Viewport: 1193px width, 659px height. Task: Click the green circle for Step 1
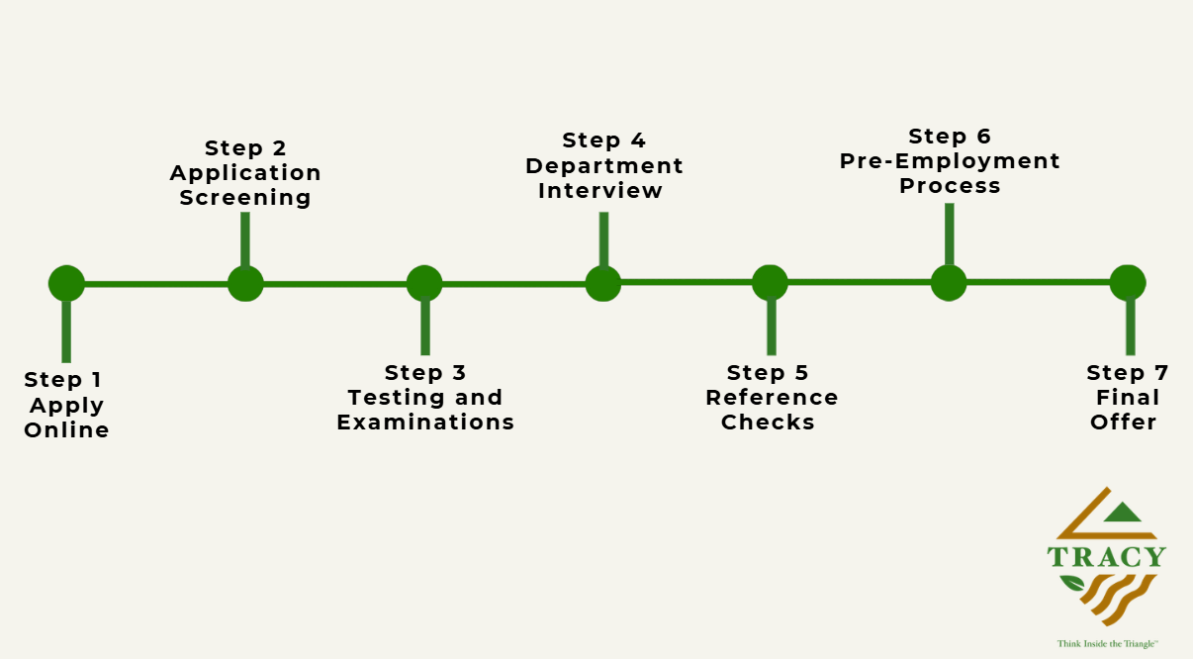[x=66, y=283]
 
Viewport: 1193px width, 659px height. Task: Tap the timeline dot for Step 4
[x=603, y=283]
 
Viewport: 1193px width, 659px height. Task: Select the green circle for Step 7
[x=1128, y=283]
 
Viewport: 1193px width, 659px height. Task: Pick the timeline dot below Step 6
[x=949, y=283]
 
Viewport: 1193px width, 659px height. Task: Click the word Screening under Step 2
[x=245, y=198]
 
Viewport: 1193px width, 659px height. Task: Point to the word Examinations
[x=425, y=422]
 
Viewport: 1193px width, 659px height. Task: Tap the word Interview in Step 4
[x=600, y=191]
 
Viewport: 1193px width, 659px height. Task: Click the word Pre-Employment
[x=950, y=161]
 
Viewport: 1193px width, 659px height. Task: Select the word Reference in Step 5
[x=772, y=398]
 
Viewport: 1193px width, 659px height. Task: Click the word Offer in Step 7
[x=1123, y=422]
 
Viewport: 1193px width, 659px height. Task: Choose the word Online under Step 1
[x=66, y=429]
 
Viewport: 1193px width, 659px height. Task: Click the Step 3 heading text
[x=425, y=372]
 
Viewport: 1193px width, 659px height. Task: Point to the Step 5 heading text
[x=768, y=372]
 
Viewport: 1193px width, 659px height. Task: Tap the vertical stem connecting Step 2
[x=245, y=239]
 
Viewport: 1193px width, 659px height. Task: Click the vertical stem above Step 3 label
[x=425, y=327]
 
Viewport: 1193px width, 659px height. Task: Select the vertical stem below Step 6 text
[x=949, y=234]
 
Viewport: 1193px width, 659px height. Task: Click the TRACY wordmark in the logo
[x=1107, y=557]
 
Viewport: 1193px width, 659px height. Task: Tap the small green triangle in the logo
[x=1122, y=513]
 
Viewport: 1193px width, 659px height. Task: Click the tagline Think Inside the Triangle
[x=1108, y=644]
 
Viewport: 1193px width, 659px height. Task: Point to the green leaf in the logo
[x=1071, y=583]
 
